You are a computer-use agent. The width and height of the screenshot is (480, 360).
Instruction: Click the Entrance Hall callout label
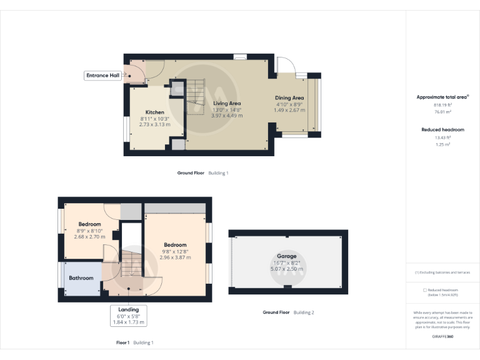[x=102, y=76]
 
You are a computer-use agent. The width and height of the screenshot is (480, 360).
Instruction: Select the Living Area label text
[x=226, y=103]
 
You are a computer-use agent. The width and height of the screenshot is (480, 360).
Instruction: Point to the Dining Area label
[x=289, y=98]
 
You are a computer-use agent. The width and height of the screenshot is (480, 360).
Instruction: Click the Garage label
[x=286, y=256]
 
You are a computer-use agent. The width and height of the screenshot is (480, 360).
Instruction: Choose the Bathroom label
[x=81, y=278]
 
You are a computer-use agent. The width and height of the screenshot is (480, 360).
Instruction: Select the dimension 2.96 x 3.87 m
[x=175, y=257]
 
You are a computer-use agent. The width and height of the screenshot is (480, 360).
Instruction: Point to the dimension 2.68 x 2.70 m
[x=90, y=237]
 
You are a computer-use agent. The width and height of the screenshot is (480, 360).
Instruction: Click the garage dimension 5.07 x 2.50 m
[x=286, y=269]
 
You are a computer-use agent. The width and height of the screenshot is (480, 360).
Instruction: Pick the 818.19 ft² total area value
[x=442, y=105]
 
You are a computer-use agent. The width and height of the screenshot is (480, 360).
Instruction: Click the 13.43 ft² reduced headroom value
[x=442, y=137]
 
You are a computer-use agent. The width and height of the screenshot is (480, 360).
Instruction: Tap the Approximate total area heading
[x=442, y=97]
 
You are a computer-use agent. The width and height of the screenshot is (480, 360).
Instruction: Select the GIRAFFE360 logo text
[x=442, y=337]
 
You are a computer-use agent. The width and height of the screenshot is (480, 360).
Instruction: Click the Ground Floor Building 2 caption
[x=288, y=312]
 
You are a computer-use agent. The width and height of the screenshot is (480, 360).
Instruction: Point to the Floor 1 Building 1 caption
[x=134, y=342]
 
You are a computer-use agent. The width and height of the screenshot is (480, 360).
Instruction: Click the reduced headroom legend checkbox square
[x=425, y=290]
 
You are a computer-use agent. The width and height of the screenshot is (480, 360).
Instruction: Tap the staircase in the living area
[x=196, y=97]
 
